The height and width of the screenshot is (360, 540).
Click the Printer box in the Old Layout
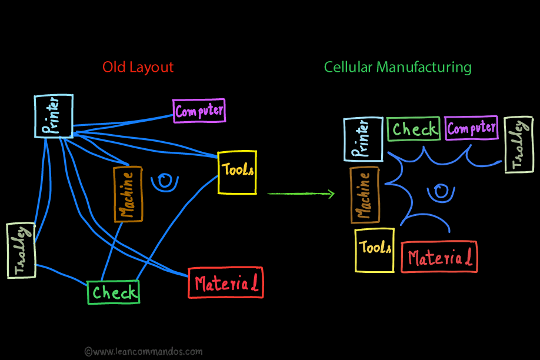[54, 116]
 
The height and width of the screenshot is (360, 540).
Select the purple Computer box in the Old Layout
[199, 111]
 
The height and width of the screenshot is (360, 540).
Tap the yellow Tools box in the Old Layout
[237, 172]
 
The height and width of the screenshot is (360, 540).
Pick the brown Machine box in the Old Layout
[128, 194]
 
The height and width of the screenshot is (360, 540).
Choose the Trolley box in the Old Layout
[21, 250]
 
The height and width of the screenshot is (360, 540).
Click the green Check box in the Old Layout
[114, 292]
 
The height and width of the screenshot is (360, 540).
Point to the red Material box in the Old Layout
[226, 283]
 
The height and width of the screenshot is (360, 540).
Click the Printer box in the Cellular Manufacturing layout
[363, 139]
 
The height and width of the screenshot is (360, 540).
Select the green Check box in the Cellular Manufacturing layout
[414, 129]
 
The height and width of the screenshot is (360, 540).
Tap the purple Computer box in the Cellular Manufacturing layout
[472, 128]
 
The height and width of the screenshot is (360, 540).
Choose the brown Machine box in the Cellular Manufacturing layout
[365, 195]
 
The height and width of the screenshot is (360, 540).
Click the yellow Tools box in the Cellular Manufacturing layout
[375, 250]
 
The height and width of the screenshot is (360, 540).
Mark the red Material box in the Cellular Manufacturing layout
[439, 256]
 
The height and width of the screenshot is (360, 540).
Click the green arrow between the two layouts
[301, 194]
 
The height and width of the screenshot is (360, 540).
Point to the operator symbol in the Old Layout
[165, 181]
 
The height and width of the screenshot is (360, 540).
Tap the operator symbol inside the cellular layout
[440, 192]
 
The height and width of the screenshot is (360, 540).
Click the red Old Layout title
[138, 67]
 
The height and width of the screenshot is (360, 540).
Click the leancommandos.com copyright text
[144, 351]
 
